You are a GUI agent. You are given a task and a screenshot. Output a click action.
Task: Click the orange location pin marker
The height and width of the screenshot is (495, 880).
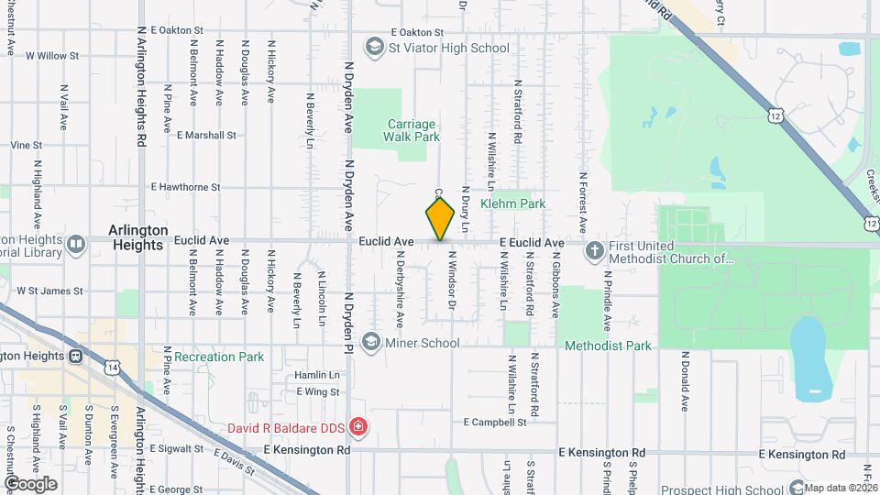click(440, 218)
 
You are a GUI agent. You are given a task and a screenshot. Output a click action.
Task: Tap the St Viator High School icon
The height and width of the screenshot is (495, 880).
click(374, 47)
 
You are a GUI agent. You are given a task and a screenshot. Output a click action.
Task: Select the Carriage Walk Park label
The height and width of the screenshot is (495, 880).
click(412, 130)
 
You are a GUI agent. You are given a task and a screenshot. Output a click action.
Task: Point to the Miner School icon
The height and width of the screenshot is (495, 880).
click(371, 342)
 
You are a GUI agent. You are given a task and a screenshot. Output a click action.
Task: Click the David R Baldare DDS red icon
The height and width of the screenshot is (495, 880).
click(358, 427)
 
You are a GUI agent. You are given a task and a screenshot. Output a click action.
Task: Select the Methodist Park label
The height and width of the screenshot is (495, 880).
click(608, 346)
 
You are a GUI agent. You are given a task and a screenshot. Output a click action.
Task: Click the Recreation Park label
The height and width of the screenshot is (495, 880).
click(219, 357)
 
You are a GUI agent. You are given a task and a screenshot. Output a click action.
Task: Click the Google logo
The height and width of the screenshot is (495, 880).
click(30, 483)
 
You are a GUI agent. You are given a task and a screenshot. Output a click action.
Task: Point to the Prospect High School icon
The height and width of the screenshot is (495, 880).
click(796, 489)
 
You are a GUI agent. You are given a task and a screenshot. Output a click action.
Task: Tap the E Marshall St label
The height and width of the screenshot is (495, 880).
click(206, 135)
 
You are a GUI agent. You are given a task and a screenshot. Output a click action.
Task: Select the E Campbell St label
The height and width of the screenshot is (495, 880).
click(495, 423)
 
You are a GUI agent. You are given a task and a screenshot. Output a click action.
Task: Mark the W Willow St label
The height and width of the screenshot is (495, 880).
click(53, 55)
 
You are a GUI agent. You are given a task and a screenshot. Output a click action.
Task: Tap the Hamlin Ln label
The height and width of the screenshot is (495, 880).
click(317, 376)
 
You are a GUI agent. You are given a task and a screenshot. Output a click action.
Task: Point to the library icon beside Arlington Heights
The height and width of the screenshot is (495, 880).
click(75, 244)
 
